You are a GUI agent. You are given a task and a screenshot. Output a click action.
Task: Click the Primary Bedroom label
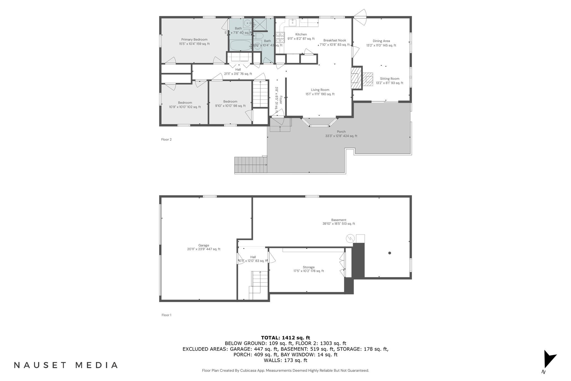(194, 40)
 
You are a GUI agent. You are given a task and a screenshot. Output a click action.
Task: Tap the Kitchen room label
(301, 34)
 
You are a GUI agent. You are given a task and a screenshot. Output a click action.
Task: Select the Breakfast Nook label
(335, 40)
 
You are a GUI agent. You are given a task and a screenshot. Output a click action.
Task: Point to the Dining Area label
(381, 41)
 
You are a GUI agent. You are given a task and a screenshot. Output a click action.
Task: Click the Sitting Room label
(389, 79)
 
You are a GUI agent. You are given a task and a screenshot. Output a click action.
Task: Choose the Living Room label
(320, 90)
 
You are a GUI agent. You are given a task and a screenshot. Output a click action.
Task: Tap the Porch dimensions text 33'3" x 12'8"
(341, 136)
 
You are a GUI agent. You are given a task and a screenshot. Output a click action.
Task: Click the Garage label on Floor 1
(204, 245)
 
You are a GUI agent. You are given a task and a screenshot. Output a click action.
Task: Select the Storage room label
(308, 267)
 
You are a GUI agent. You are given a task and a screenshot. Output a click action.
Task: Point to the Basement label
(338, 220)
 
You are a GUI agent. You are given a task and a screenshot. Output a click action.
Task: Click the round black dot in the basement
(389, 253)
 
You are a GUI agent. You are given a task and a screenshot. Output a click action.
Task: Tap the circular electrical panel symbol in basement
(350, 238)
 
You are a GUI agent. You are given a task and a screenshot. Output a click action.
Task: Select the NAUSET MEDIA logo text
(66, 365)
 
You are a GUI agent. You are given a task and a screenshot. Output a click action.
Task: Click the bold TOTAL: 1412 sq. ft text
(285, 338)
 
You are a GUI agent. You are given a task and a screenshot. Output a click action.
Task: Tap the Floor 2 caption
(166, 139)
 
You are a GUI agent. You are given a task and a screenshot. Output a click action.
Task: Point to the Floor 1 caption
(166, 315)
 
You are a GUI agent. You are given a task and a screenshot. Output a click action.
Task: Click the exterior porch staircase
(250, 165)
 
